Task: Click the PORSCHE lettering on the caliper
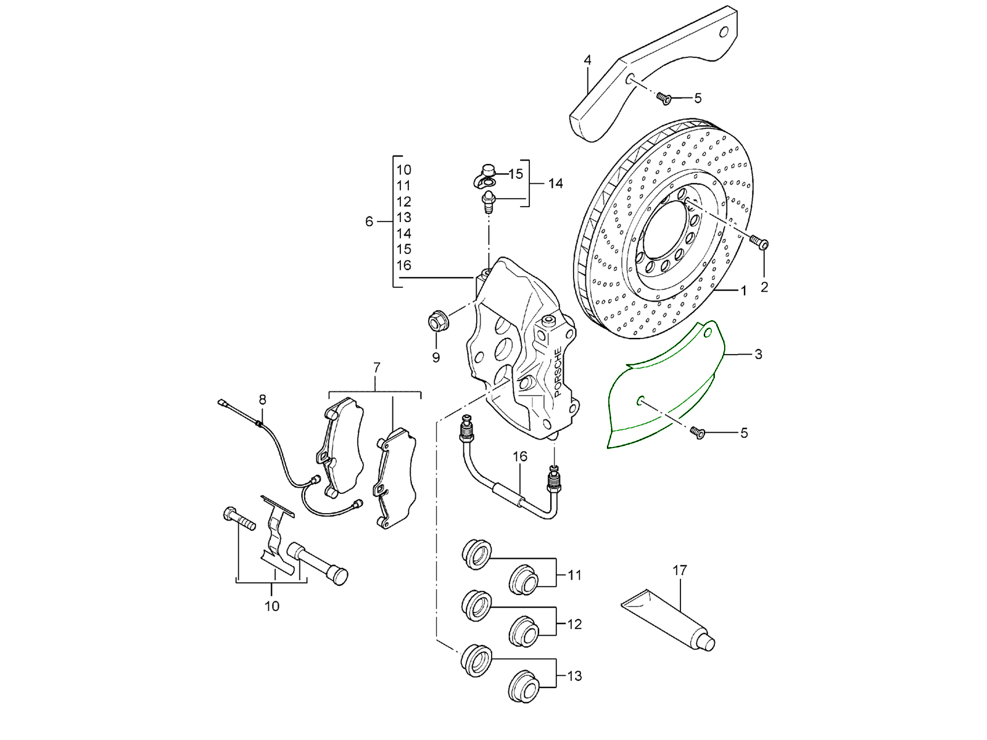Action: pos(558,372)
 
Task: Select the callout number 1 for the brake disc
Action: pos(743,290)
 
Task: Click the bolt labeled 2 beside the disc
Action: pos(761,243)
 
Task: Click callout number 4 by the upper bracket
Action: pos(587,60)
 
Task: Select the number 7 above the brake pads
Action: pos(376,368)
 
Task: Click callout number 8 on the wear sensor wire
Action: pos(262,400)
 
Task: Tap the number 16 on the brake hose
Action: pos(519,456)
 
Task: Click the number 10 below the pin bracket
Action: pos(271,606)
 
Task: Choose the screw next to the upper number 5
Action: pos(664,97)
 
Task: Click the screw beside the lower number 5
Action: pos(698,432)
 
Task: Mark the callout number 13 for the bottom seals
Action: pos(574,676)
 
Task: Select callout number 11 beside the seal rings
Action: pos(574,575)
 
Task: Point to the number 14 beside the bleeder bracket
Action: pos(555,183)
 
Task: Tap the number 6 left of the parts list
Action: pos(369,221)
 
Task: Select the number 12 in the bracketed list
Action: pos(403,202)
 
